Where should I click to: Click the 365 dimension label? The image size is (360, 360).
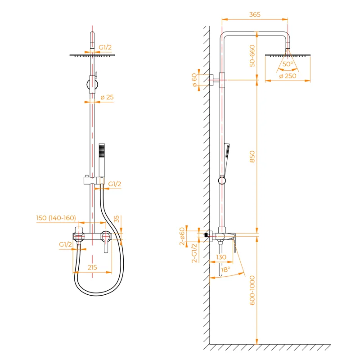pos(255,15)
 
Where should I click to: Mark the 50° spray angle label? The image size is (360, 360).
pos(288,64)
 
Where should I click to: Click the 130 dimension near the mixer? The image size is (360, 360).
pos(221,257)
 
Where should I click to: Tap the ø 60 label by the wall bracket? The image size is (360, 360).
pos(194,80)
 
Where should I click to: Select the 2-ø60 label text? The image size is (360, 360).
pos(182,236)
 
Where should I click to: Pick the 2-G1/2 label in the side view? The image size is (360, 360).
pos(194,253)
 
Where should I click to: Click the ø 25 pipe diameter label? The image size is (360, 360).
pos(107,97)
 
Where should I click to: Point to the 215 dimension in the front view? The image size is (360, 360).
pos(92,267)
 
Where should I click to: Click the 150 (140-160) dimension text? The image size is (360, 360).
pos(56,218)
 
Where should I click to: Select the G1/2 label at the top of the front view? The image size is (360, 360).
pos(105,47)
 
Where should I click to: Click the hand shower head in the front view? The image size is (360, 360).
pos(102,153)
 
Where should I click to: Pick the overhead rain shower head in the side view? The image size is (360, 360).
pos(288,54)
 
